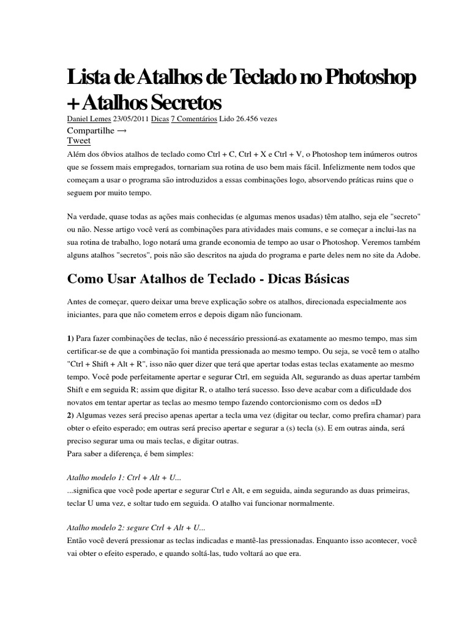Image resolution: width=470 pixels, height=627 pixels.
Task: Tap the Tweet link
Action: (79, 140)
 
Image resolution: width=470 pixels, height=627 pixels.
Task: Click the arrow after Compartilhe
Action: (122, 130)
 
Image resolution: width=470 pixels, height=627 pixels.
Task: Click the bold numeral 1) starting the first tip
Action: (70, 339)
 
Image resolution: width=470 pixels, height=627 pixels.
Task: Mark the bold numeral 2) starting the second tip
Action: (70, 415)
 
